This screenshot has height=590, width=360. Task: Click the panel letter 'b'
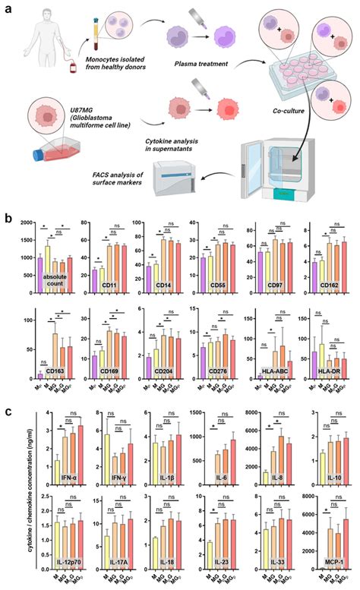point(8,217)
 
